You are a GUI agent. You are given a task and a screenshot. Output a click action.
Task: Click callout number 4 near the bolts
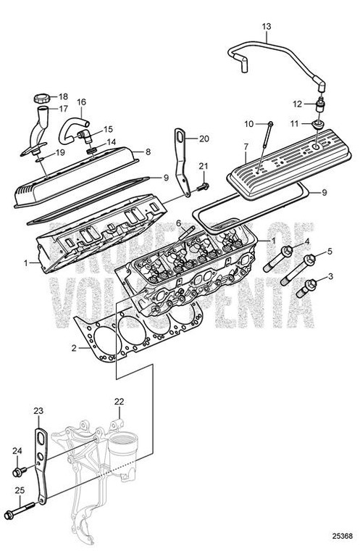[307, 242]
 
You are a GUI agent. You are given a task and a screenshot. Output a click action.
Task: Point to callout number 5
[330, 252]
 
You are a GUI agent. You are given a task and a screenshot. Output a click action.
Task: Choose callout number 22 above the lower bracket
[119, 401]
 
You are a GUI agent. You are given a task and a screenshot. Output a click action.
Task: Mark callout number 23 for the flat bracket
[39, 411]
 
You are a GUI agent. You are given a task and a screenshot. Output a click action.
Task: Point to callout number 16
[81, 102]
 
